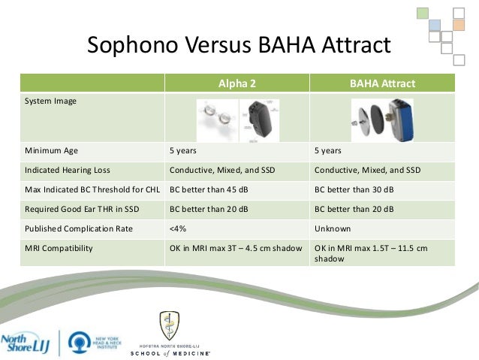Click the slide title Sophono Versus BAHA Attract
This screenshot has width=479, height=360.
click(x=239, y=46)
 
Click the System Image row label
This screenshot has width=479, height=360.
click(x=50, y=100)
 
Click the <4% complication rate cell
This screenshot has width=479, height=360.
click(x=179, y=228)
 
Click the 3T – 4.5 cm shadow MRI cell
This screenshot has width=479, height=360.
click(x=236, y=247)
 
